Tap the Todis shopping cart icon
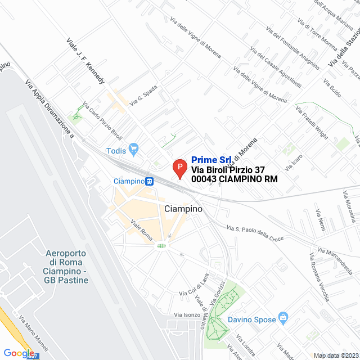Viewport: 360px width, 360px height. (133, 150)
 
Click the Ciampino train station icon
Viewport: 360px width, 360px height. (150, 181)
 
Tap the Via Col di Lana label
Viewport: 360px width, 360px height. (193, 285)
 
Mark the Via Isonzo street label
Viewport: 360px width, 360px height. (186, 314)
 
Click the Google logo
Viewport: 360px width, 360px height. (19, 353)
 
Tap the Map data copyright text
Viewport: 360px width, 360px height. (336, 355)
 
